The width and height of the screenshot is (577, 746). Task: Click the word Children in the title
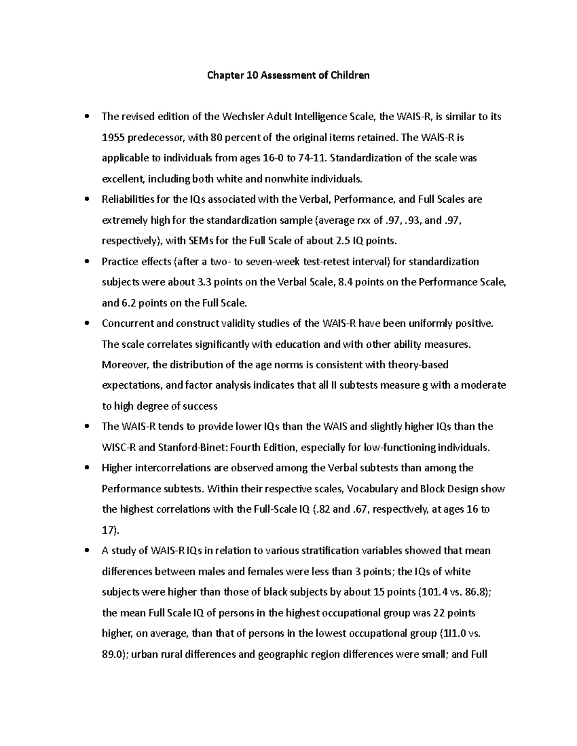(350, 75)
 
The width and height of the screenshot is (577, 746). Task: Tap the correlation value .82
(321, 509)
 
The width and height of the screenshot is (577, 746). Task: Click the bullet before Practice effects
(87, 262)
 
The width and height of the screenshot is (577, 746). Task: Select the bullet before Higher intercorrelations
(87, 468)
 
